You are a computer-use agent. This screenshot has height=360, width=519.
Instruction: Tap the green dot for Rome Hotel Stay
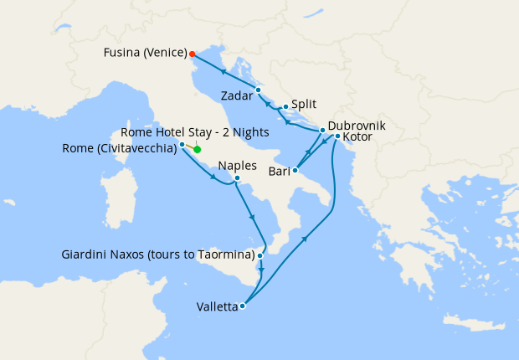(x=198, y=150)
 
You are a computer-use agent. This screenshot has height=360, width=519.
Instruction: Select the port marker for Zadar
(x=259, y=90)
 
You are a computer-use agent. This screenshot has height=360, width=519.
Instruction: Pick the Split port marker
(x=285, y=107)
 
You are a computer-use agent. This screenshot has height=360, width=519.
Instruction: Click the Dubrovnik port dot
(x=323, y=131)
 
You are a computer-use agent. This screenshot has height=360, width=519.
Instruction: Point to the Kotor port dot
(x=337, y=136)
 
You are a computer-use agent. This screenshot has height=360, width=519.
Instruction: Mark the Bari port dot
(x=295, y=171)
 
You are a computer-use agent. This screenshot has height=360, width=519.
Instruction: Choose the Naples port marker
(x=238, y=177)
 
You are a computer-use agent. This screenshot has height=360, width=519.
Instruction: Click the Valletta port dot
(x=242, y=306)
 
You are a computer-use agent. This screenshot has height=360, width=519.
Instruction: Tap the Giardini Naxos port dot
(x=261, y=255)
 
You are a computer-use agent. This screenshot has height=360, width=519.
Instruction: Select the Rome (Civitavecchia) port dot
(x=182, y=144)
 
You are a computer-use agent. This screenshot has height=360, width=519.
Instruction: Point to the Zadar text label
(x=237, y=95)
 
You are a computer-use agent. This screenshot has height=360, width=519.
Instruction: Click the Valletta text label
(x=215, y=306)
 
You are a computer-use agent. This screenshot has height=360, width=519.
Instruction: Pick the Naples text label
(x=237, y=166)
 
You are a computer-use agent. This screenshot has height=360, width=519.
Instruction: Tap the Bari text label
(x=278, y=172)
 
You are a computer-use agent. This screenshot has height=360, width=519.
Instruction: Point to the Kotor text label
(x=357, y=137)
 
